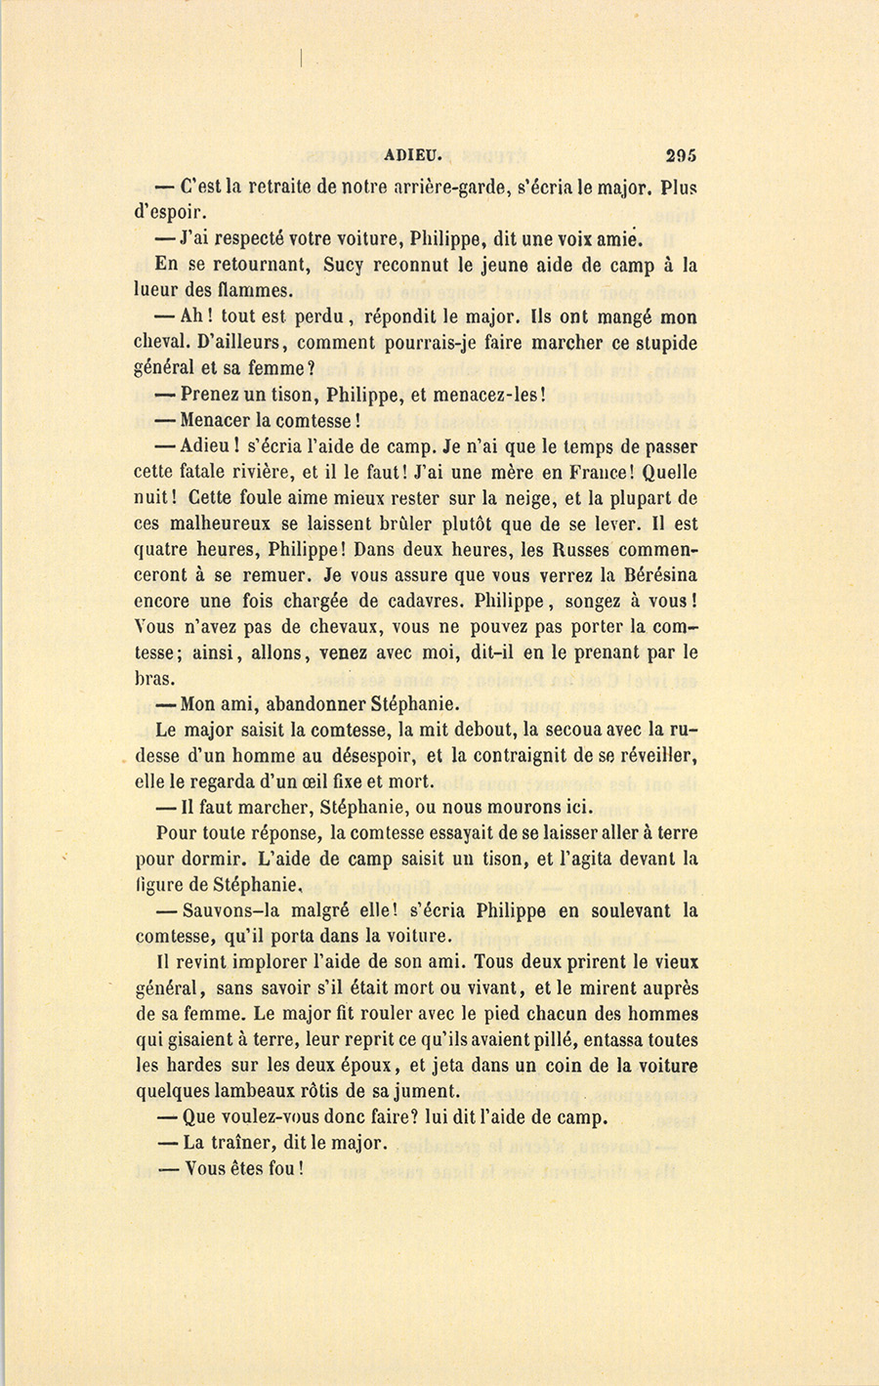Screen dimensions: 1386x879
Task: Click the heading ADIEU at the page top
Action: (x=414, y=153)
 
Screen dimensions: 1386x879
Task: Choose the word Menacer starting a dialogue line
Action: (x=216, y=421)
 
